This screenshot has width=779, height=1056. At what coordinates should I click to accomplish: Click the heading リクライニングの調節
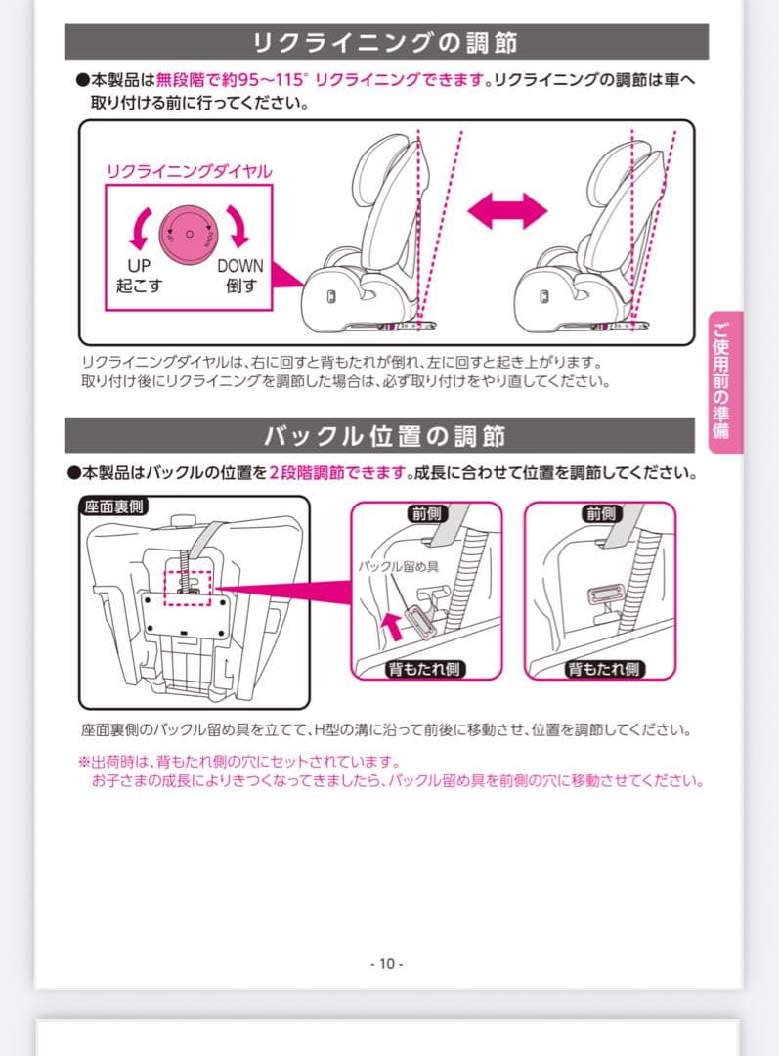click(x=385, y=43)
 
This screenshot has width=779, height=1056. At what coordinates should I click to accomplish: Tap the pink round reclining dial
click(x=189, y=235)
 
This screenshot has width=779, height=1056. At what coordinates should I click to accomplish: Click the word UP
click(x=139, y=266)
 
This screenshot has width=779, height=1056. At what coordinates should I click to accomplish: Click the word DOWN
click(x=239, y=266)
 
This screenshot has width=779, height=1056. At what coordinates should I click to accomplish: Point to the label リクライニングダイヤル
click(x=189, y=172)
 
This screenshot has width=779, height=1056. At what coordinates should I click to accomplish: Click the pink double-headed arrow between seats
click(x=505, y=210)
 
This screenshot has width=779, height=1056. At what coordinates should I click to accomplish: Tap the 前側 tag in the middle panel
click(x=427, y=513)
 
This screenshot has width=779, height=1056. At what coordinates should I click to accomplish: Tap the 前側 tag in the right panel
click(x=601, y=513)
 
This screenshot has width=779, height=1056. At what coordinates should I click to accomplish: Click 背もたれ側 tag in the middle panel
click(x=427, y=669)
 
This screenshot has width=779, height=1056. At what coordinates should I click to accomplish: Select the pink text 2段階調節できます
click(x=337, y=473)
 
